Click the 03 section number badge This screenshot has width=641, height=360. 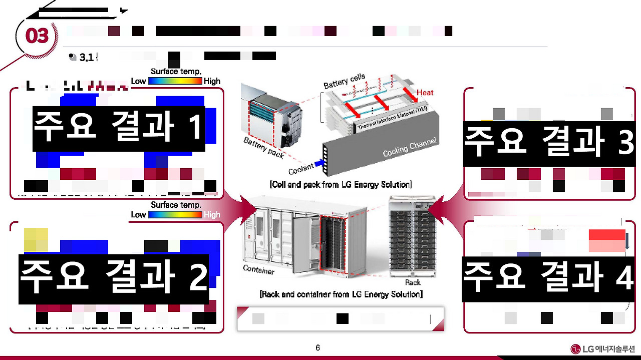(37, 36)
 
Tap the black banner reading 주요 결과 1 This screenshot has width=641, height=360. (119, 128)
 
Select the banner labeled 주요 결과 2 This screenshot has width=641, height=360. (114, 278)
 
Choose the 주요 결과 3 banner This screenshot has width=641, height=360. (549, 142)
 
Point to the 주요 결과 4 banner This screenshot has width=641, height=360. (548, 278)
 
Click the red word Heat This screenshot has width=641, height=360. (425, 93)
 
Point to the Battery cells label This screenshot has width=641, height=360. (345, 82)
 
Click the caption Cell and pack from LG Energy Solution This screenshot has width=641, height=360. (341, 185)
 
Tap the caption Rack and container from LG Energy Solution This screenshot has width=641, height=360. (341, 294)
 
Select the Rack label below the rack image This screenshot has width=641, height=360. (413, 282)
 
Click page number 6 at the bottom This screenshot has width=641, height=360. (317, 348)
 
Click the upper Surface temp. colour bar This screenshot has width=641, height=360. (175, 81)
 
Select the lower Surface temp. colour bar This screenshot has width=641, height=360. (175, 214)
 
